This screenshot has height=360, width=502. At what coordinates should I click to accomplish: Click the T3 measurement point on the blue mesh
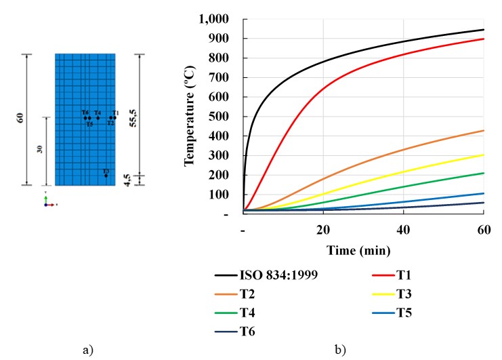point(106,176)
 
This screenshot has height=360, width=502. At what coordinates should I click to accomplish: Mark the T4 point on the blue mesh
point(98,118)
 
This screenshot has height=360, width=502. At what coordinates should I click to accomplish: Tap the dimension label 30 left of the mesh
point(40,151)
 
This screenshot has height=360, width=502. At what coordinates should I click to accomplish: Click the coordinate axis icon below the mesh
point(48,201)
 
